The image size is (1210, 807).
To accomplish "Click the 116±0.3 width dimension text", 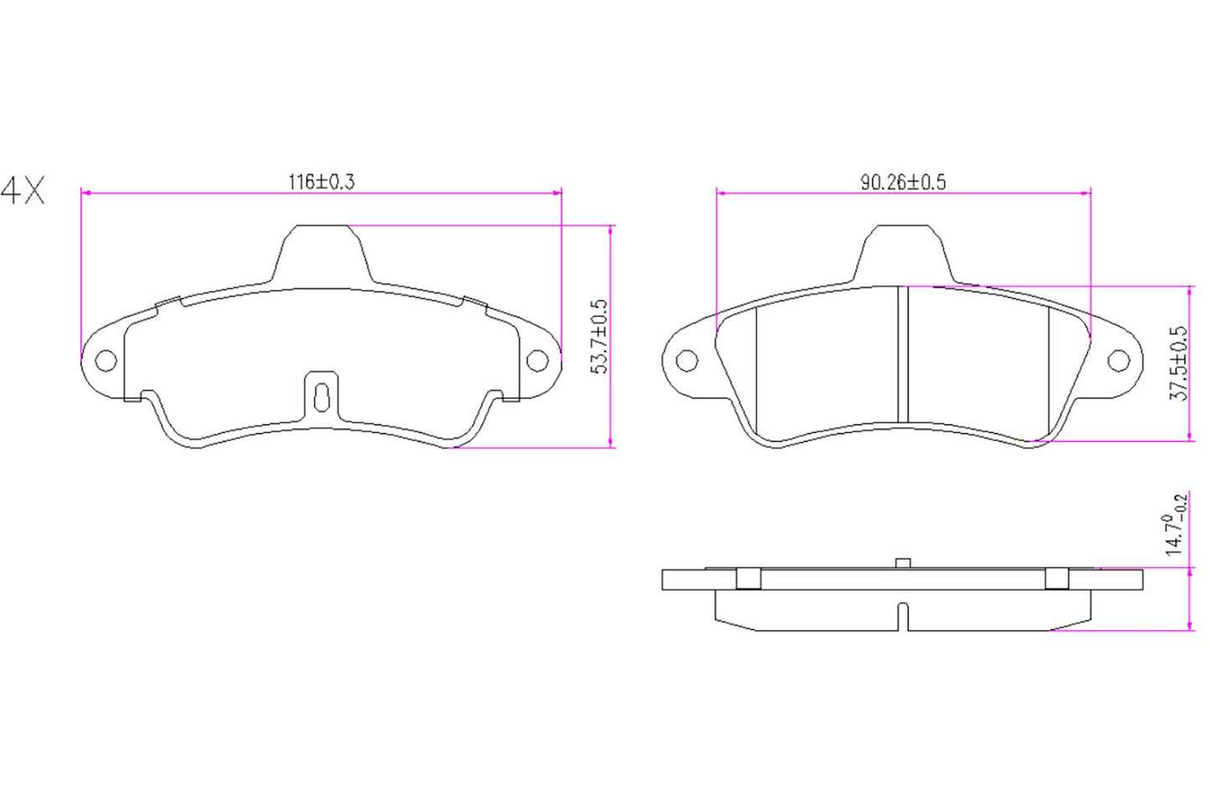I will (322, 181).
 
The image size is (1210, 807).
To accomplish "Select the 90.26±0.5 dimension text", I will (903, 182).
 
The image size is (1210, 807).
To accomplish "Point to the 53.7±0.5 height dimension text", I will (600, 336).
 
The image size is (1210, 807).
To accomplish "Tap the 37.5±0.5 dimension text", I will (1178, 363).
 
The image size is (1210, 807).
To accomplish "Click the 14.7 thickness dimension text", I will (1176, 525).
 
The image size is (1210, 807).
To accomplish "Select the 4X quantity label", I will (23, 191).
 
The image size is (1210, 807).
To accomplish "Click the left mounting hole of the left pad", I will (106, 361).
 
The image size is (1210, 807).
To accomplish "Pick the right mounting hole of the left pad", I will (537, 360).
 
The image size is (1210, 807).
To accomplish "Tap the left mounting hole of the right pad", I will (687, 361).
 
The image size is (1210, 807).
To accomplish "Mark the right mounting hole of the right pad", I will (1119, 361).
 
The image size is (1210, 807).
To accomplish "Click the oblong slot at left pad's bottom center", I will (321, 396).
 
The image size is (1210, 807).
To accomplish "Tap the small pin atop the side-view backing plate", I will (903, 562).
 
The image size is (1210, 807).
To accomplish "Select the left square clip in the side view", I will (748, 579).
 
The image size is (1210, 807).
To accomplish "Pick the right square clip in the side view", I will (1057, 579).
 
